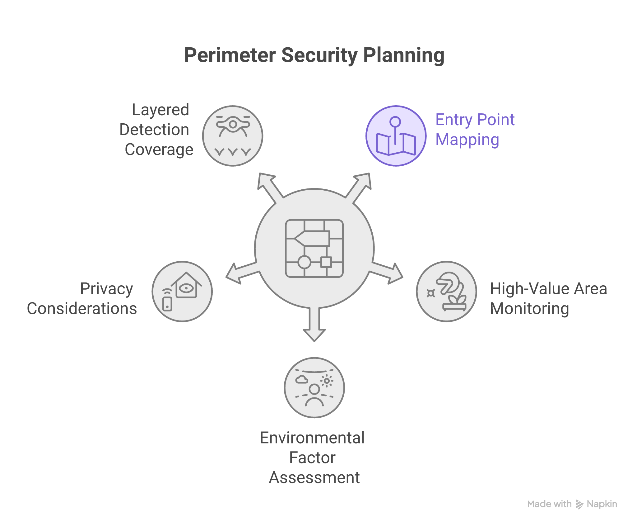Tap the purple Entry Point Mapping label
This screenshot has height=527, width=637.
(x=475, y=130)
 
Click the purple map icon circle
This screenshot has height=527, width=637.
(x=396, y=136)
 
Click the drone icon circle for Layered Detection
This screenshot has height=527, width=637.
(x=233, y=136)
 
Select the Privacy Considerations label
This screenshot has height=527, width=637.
(x=82, y=298)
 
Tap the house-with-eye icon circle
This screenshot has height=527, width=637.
(x=182, y=292)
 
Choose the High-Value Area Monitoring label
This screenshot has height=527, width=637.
(x=548, y=298)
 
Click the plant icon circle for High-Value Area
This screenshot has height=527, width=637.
(x=446, y=292)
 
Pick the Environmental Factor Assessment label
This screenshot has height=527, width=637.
(x=313, y=458)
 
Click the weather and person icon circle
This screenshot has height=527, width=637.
(x=314, y=388)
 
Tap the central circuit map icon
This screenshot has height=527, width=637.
(x=314, y=248)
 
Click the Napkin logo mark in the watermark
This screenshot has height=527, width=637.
(x=579, y=504)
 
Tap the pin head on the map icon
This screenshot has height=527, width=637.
(x=395, y=121)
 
